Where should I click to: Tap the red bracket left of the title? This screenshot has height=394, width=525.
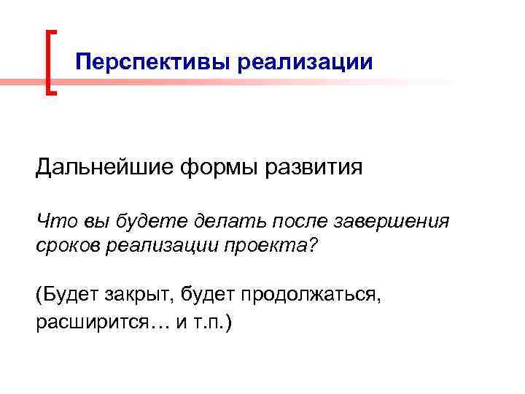pyautogui.click(x=50, y=62)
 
